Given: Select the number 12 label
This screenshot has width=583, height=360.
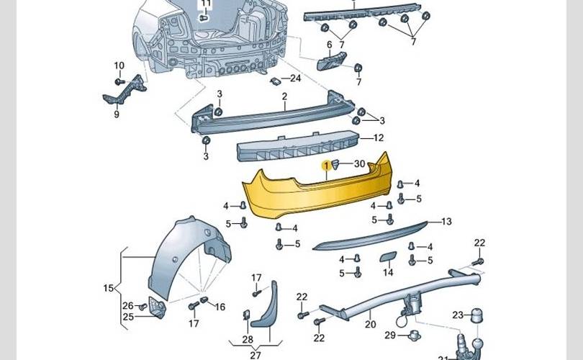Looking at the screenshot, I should click(379, 138).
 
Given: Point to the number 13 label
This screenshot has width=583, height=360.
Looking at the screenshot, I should click(446, 222).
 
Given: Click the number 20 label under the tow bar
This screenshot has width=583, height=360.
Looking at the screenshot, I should click(370, 324).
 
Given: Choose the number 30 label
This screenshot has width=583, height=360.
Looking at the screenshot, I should click(359, 164).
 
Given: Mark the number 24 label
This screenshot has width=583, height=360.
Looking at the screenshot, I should click(295, 78).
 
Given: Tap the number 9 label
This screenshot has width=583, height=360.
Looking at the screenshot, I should click(116, 113).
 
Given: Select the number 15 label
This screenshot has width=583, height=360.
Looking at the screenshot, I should click(109, 289).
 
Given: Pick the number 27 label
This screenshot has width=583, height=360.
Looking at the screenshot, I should click(256, 355).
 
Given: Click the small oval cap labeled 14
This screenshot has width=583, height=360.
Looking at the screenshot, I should click(387, 257).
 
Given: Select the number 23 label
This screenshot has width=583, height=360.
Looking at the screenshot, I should click(458, 315).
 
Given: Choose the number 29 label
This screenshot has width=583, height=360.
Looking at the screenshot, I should click(389, 336).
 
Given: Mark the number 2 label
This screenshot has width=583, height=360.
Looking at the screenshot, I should click(284, 96).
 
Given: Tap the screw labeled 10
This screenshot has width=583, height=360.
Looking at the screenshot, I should click(120, 80).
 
